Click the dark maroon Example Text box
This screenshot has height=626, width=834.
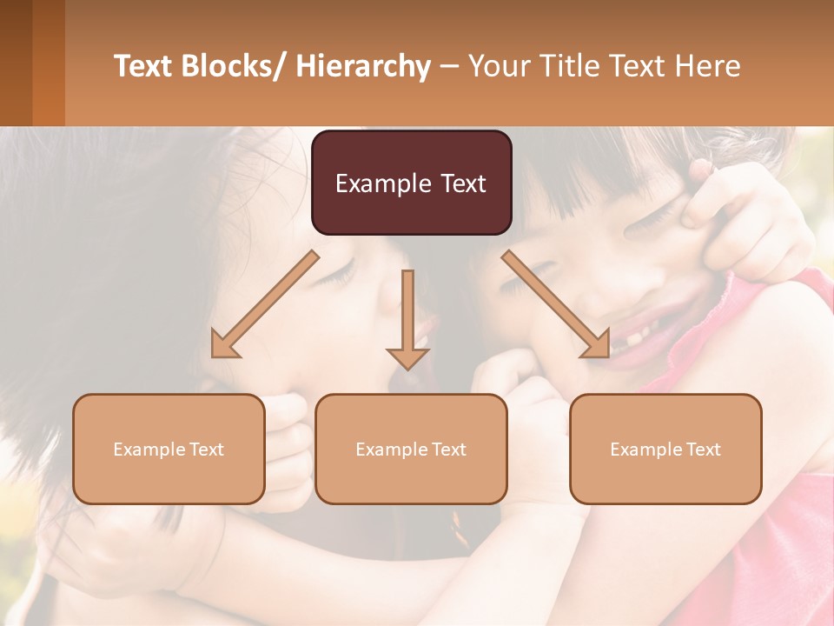[411, 183]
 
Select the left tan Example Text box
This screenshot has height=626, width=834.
[169, 449]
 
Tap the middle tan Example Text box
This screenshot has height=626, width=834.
[411, 449]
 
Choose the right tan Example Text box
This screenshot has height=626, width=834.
[665, 449]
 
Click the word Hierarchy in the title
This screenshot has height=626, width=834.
[363, 66]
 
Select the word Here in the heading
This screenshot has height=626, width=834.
[708, 66]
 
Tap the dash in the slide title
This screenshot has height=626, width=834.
[449, 66]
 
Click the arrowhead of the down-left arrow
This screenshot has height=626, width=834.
[224, 345]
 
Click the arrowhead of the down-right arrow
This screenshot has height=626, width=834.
[597, 345]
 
